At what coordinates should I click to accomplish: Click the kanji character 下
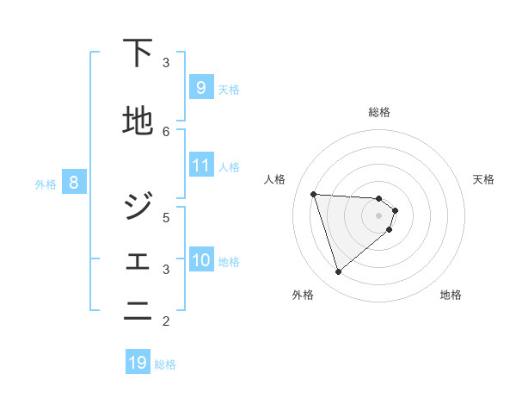coord(138,53)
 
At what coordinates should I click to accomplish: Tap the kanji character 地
coord(138,122)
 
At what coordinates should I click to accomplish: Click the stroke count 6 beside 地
coord(166,131)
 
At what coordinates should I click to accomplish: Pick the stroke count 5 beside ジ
coord(166,217)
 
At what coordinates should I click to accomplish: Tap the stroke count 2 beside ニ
coord(166,321)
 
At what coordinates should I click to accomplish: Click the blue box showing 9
coord(200,88)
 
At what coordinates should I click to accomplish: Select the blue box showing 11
coord(200,165)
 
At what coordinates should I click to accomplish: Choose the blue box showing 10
coord(200,260)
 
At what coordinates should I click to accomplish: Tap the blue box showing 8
coord(75,182)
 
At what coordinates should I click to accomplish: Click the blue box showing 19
coord(138,363)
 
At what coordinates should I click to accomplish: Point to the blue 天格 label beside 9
coord(229,90)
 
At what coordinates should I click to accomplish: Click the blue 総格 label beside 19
coord(165,364)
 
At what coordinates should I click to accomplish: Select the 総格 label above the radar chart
coord(378,112)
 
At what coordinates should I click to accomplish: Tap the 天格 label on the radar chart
coord(483,179)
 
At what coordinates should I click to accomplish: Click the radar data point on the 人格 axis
coord(314,194)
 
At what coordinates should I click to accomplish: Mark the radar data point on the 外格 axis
coord(339,272)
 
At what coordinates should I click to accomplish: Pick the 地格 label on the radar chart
coord(451,295)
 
